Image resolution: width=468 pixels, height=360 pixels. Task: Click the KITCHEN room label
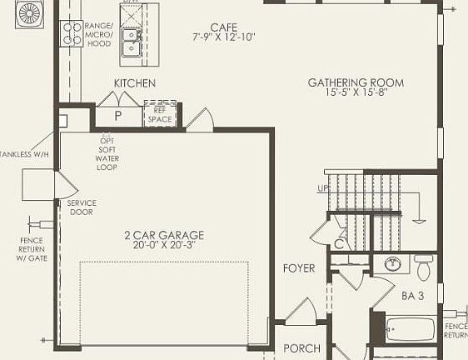pyautogui.click(x=134, y=83)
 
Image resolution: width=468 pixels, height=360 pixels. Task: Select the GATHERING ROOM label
pyautogui.click(x=356, y=82)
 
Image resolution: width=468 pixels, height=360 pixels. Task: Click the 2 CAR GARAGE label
pyautogui.click(x=164, y=235)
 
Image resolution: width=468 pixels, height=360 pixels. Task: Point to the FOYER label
pyautogui.click(x=299, y=268)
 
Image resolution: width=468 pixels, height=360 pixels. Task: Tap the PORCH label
pyautogui.click(x=302, y=348)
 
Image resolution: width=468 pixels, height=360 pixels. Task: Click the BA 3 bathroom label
pyautogui.click(x=413, y=295)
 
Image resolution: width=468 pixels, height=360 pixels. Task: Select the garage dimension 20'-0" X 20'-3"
pyautogui.click(x=164, y=246)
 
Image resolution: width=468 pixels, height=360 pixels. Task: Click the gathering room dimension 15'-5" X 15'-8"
pyautogui.click(x=356, y=92)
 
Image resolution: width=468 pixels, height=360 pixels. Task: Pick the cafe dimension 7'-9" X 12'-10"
pyautogui.click(x=224, y=38)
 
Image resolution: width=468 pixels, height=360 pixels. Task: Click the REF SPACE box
pyautogui.click(x=159, y=114)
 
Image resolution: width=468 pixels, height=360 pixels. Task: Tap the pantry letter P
pyautogui.click(x=117, y=115)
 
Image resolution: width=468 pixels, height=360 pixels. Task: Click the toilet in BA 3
pyautogui.click(x=423, y=268)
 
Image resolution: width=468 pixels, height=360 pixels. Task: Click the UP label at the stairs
pyautogui.click(x=323, y=188)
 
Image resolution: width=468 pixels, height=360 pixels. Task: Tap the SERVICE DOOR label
pyautogui.click(x=82, y=207)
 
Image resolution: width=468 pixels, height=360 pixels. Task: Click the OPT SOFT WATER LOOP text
pyautogui.click(x=107, y=152)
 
